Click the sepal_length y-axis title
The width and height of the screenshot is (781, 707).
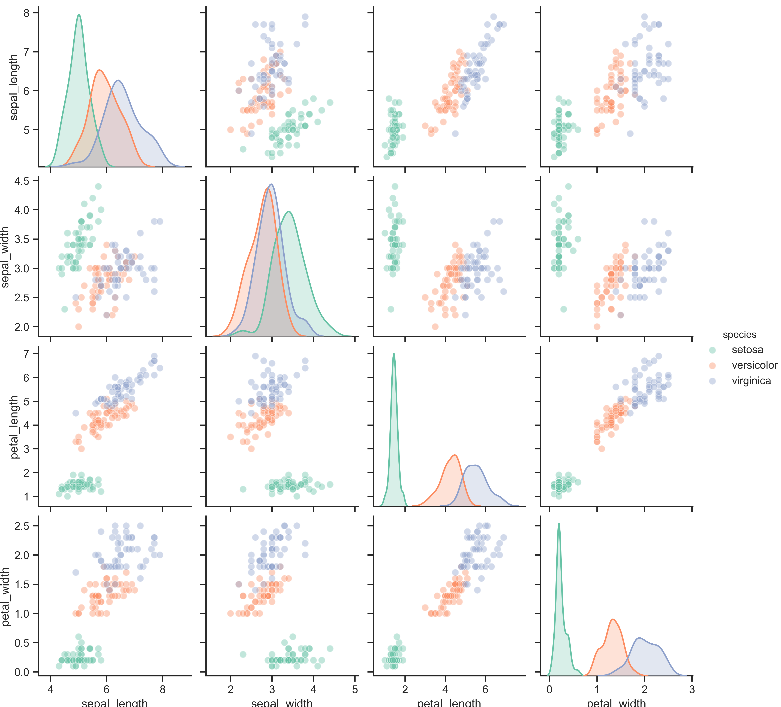[x=14, y=87]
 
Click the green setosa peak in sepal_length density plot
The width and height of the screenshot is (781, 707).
[x=79, y=15]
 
